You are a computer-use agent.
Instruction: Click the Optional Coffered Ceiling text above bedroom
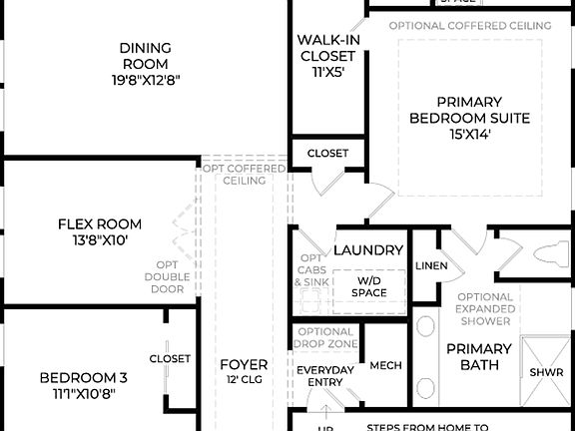click(470, 25)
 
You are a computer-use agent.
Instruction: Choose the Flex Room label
click(99, 224)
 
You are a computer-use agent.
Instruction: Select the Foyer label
click(244, 365)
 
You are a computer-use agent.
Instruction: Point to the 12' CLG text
click(244, 380)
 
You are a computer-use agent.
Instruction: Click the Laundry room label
click(368, 250)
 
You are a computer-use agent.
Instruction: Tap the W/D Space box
click(368, 286)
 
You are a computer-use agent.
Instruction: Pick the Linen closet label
click(430, 265)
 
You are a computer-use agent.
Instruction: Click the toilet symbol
click(548, 252)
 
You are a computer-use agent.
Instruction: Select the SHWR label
click(547, 372)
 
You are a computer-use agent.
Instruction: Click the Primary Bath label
click(478, 358)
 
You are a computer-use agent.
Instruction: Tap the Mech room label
click(385, 366)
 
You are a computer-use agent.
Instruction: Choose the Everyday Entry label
click(325, 376)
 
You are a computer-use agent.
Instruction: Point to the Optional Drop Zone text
click(325, 338)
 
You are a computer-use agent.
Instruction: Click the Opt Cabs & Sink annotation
click(310, 270)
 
